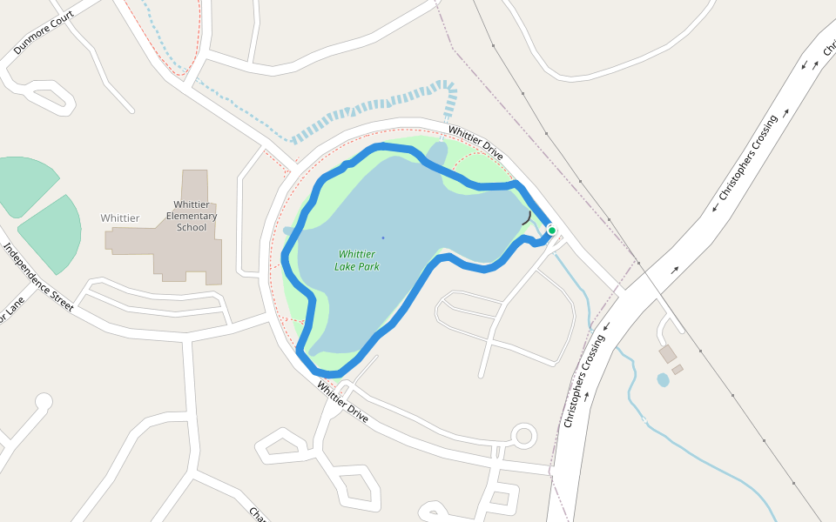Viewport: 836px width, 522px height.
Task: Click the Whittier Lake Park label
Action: point(357,260)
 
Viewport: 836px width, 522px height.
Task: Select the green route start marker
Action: point(551,231)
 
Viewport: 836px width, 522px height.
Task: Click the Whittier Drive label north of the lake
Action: point(475,143)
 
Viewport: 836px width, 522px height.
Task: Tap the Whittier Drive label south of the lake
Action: point(342,402)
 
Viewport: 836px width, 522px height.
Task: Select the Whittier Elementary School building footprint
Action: point(187,252)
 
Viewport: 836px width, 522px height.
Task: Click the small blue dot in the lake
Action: point(382,238)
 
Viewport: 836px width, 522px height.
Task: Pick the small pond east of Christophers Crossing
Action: point(663,379)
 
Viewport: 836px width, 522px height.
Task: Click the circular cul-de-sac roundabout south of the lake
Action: point(523,435)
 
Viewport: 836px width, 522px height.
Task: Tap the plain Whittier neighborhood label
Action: point(119,218)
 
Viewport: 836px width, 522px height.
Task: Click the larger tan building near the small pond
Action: point(668,354)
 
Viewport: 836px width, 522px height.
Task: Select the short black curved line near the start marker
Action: point(527,217)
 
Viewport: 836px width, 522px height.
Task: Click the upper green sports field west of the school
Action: point(24,184)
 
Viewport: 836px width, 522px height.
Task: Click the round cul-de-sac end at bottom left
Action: point(44,402)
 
